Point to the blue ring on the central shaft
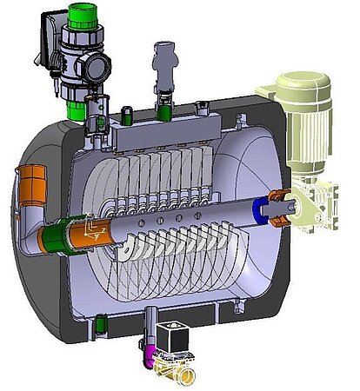[258, 209]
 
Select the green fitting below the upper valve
[77, 109]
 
